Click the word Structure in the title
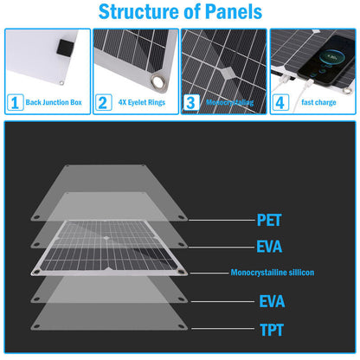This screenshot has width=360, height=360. point(139,11)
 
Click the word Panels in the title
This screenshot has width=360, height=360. point(234,11)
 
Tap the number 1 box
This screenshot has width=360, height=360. point(15,102)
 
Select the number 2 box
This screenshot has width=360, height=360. point(103,102)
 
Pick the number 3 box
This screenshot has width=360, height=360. point(191,102)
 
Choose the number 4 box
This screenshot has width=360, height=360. point(280,102)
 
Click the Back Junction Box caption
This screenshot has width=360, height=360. point(54,102)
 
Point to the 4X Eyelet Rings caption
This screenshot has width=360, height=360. point(142,102)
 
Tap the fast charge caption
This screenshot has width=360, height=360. point(318,102)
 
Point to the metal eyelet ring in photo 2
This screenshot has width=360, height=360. point(158,82)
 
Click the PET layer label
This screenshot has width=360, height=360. point(269,221)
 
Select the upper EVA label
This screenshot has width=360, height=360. point(269,247)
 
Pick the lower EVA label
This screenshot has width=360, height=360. point(272,301)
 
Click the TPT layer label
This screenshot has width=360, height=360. point(272,330)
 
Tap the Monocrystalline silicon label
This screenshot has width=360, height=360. point(273,273)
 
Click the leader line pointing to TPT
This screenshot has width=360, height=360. point(222,329)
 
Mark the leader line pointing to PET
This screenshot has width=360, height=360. point(222,220)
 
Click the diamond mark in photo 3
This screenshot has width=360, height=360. point(228,72)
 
